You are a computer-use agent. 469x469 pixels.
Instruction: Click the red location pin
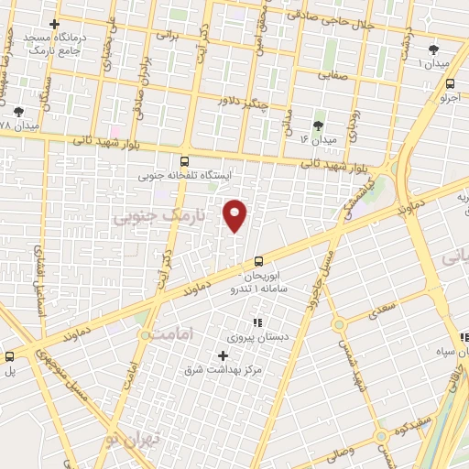235,214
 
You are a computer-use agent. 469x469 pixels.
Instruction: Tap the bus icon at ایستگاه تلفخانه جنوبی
185,161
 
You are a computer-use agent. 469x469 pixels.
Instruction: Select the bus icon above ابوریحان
258,262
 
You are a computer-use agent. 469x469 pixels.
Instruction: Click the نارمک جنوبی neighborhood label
147,216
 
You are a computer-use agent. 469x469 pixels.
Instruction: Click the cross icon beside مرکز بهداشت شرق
223,355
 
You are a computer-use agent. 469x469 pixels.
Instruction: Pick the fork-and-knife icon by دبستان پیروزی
256,322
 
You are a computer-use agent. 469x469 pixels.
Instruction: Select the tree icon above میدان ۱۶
318,125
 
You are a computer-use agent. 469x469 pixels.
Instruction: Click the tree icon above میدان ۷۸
19,111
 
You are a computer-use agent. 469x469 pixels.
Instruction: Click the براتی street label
166,36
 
